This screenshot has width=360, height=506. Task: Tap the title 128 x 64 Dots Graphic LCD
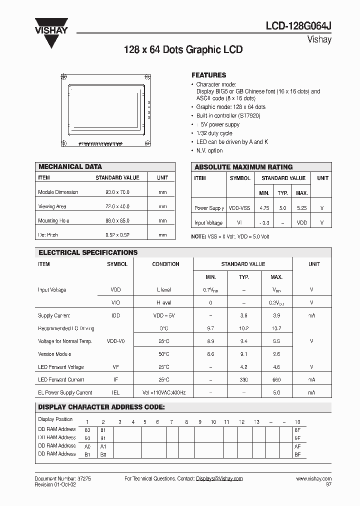(183, 50)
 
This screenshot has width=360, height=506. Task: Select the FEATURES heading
(208, 75)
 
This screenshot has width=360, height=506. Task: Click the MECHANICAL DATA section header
(70, 166)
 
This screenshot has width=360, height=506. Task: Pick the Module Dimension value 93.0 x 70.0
(117, 192)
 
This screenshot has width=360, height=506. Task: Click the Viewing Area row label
(52, 206)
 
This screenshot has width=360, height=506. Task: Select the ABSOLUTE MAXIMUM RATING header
(243, 167)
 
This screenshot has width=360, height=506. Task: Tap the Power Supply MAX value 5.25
(301, 208)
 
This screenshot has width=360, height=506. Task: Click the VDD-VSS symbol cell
(240, 208)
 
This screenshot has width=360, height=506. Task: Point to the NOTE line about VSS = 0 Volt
(230, 236)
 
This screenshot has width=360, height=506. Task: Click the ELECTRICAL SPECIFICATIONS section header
(88, 252)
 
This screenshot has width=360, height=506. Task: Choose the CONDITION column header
(165, 264)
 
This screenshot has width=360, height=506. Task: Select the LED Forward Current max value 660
(276, 380)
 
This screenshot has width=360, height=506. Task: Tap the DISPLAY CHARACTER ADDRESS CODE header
(101, 407)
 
